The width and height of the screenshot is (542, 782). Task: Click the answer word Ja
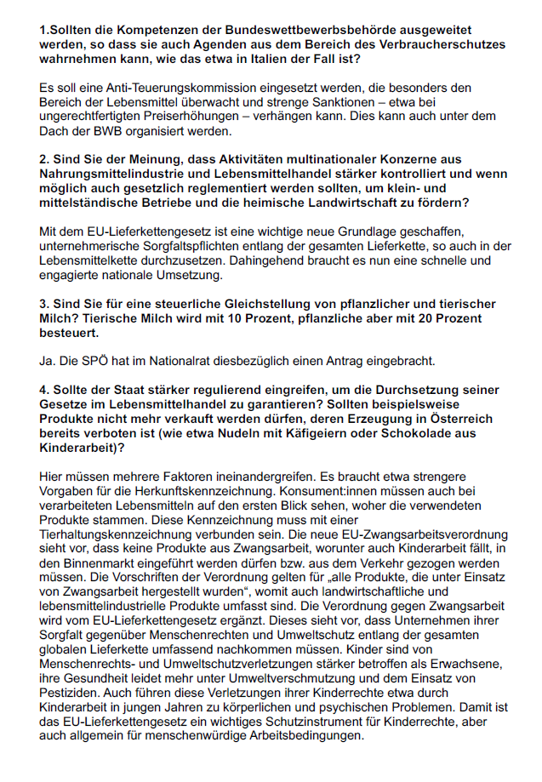[x=48, y=362]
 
